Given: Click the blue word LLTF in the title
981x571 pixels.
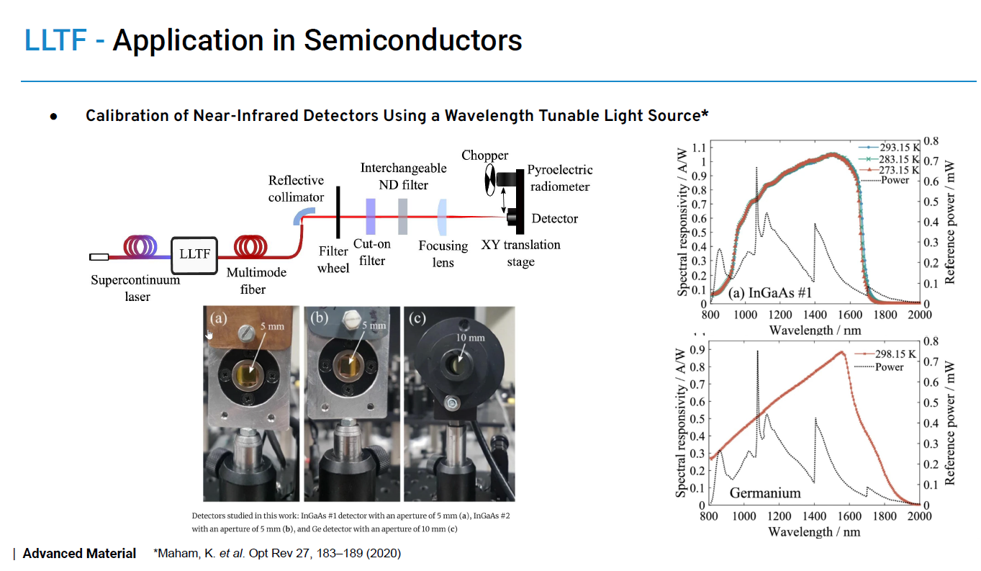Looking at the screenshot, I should click(55, 40).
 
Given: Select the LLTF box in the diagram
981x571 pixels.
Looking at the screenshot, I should click(194, 255).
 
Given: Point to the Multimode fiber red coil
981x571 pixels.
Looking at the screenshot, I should click(249, 247).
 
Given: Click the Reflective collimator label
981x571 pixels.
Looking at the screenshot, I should click(296, 188).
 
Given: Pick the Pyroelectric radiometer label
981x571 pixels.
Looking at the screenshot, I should click(559, 178).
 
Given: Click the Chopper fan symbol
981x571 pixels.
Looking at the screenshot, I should click(490, 179).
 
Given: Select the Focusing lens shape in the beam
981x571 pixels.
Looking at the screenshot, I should click(442, 217).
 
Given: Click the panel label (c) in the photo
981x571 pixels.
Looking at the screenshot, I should click(417, 318).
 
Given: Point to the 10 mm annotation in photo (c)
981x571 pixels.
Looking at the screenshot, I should click(469, 337).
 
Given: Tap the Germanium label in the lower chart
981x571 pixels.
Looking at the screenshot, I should click(764, 493).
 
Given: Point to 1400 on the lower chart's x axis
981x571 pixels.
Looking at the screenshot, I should click(815, 517).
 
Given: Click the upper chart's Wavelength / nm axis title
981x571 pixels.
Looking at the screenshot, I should click(815, 330).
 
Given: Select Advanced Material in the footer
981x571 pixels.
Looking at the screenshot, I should click(79, 554).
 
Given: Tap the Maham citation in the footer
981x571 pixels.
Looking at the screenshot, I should click(277, 554).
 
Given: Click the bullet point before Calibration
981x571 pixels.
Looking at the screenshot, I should click(53, 117).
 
